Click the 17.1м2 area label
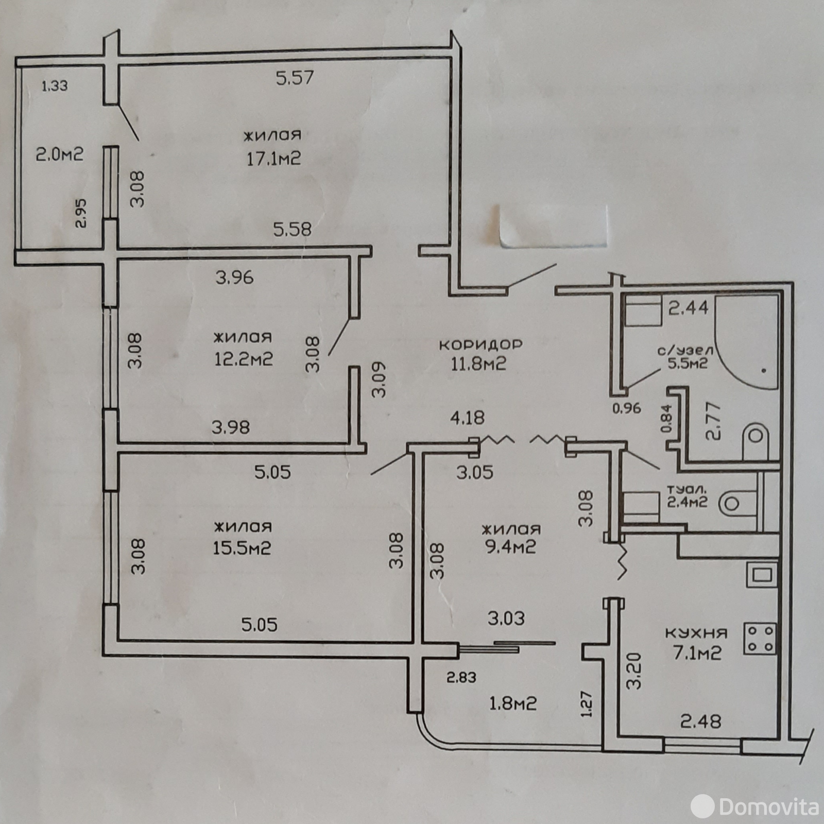point(273,158)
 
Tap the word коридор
point(480,345)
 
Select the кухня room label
point(696,633)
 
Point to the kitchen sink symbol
point(761,574)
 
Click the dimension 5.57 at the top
point(295,78)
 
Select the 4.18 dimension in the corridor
point(467,417)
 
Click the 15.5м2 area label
point(242,548)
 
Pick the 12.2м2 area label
point(243,359)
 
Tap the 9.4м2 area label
point(510,546)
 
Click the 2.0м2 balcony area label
point(59,154)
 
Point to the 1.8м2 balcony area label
point(512,703)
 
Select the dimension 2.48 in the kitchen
point(701,722)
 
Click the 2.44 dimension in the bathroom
point(688,308)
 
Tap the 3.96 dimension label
point(234,278)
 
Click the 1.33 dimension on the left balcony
point(54,85)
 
